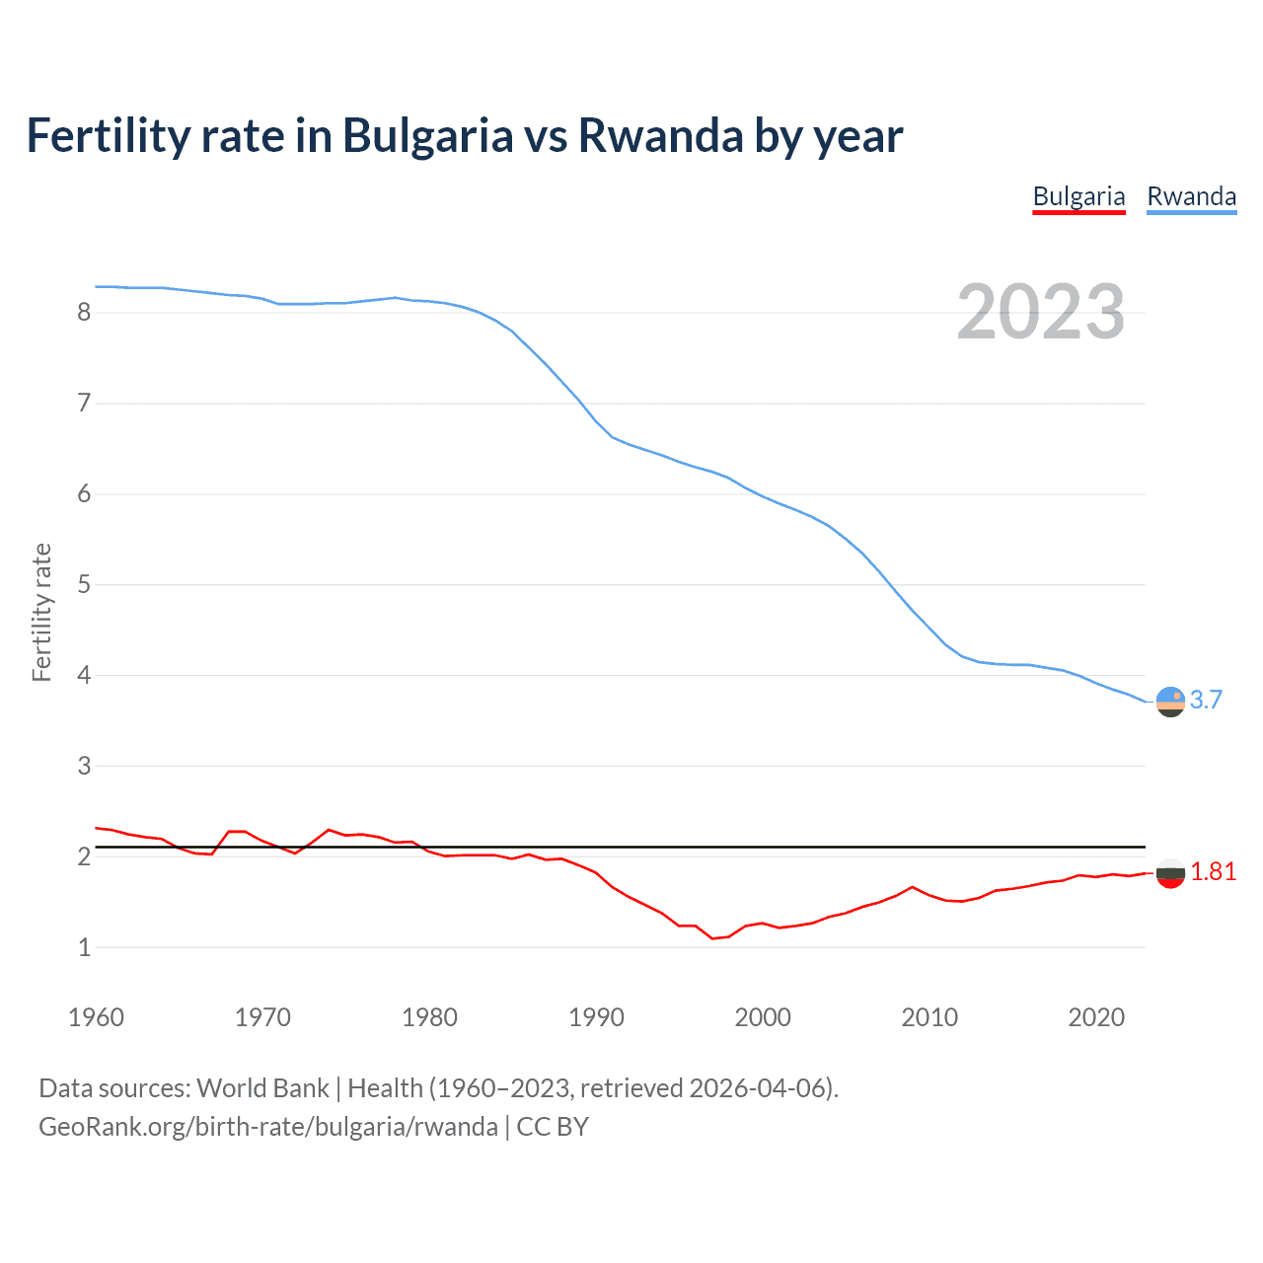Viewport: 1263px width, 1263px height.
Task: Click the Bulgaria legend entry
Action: coord(1078,196)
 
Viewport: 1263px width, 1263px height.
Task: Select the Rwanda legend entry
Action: coord(1191,196)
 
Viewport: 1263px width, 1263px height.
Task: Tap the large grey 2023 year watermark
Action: coord(1040,312)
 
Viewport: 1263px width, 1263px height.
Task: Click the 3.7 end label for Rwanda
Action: coord(1206,700)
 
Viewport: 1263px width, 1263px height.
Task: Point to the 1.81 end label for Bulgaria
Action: coord(1213,871)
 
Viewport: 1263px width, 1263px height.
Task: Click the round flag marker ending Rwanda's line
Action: coord(1170,702)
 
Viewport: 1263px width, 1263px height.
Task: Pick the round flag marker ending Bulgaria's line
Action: coord(1170,872)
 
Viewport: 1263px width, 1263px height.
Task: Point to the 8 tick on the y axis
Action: coord(84,313)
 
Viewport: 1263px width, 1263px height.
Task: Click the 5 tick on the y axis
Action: coord(84,585)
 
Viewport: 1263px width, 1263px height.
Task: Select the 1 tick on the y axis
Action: coord(84,948)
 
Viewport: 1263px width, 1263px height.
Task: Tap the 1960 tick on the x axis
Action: coord(96,1017)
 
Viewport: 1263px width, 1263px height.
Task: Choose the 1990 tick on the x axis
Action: coord(596,1017)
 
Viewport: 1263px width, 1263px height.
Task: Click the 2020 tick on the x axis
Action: coord(1096,1017)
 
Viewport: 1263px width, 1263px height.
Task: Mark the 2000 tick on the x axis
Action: coord(763,1017)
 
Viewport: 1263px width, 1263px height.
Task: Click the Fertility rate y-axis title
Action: coord(41,612)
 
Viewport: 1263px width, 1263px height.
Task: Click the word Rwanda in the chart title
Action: coord(660,136)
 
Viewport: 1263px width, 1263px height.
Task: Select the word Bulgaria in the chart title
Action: coord(427,136)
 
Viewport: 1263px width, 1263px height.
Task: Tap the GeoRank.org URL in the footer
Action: coord(268,1127)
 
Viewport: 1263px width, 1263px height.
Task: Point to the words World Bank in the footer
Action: coord(262,1088)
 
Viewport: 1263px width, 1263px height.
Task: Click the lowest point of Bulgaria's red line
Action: coord(712,938)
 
